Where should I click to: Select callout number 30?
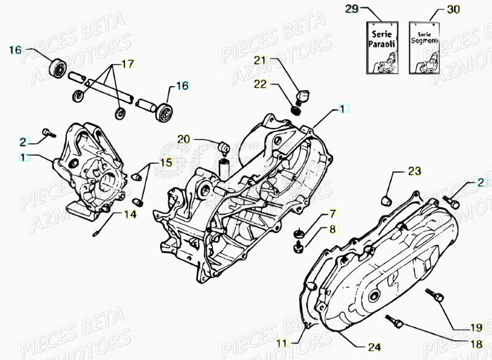point(454,9)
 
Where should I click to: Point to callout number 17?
point(127,63)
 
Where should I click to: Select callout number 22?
point(260,84)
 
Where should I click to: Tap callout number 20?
point(184,138)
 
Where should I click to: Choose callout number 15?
point(166,163)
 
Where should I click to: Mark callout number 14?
point(129,214)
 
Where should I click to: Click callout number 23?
point(414,171)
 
